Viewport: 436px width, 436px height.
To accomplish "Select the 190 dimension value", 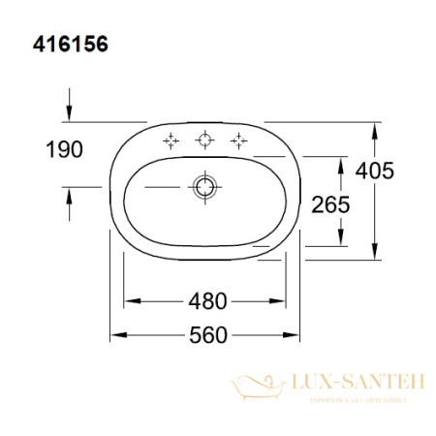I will [x=63, y=149].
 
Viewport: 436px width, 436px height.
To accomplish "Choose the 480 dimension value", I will [x=206, y=300].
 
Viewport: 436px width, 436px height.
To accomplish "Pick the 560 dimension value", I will [x=206, y=335].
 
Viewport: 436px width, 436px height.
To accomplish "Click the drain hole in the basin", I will [x=204, y=185].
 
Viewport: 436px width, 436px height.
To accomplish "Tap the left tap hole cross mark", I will [x=172, y=141].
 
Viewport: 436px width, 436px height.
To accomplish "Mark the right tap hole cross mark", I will [x=236, y=141].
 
